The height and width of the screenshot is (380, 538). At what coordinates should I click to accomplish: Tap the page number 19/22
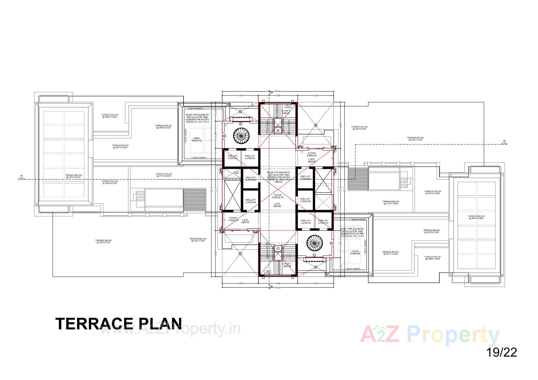(x=502, y=352)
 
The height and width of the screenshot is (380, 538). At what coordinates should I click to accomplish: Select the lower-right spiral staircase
(x=314, y=243)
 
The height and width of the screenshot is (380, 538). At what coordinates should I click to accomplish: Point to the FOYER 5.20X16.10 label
(x=278, y=196)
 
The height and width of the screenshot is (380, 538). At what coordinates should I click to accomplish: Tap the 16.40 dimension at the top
(x=278, y=91)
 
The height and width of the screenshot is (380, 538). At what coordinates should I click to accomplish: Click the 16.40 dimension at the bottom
(x=278, y=288)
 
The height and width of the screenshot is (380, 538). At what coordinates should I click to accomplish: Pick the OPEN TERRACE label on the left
(x=196, y=139)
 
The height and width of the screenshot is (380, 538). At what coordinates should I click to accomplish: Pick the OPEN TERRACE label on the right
(x=355, y=252)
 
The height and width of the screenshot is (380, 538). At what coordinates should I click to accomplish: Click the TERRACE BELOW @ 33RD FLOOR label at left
(x=110, y=116)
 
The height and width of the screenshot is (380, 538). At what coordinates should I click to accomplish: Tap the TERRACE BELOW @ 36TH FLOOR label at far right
(x=476, y=217)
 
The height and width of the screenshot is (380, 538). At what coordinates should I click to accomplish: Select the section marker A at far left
(x=21, y=178)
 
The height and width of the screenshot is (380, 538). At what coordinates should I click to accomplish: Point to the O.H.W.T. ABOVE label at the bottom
(x=287, y=265)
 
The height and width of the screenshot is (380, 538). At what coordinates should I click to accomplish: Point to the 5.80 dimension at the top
(x=278, y=95)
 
